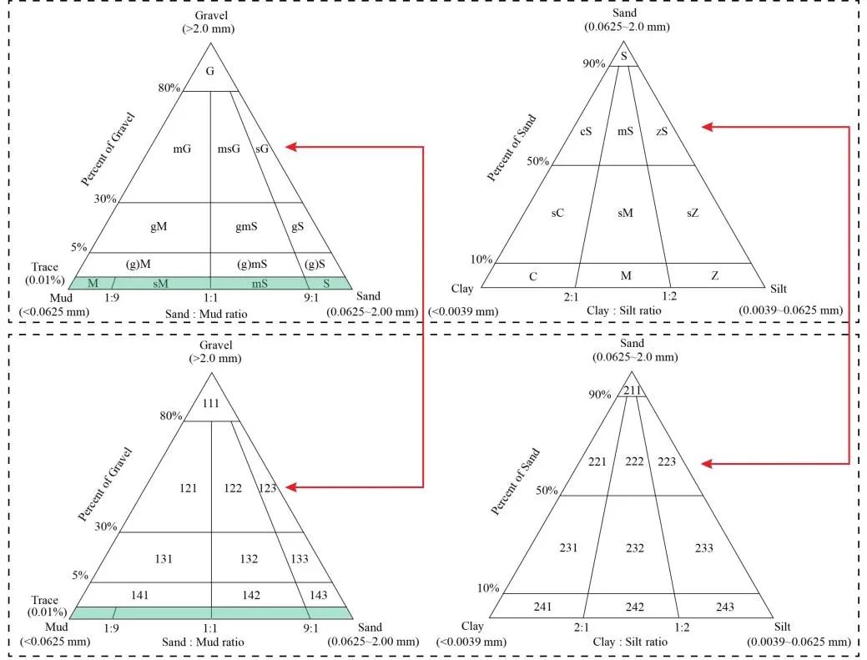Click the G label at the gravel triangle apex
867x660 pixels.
pos(210,72)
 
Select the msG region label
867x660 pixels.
pos(229,149)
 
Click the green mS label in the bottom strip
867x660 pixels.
pos(261,284)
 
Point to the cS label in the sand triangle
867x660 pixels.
pos(586,131)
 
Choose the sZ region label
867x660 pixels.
pos(693,213)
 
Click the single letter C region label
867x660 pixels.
pos(532,275)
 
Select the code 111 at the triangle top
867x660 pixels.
pos(210,403)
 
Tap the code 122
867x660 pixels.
pos(233,487)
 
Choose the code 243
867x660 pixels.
pos(724,607)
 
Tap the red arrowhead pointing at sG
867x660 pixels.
pos(290,147)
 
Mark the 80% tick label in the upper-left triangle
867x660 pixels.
pos(169,88)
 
